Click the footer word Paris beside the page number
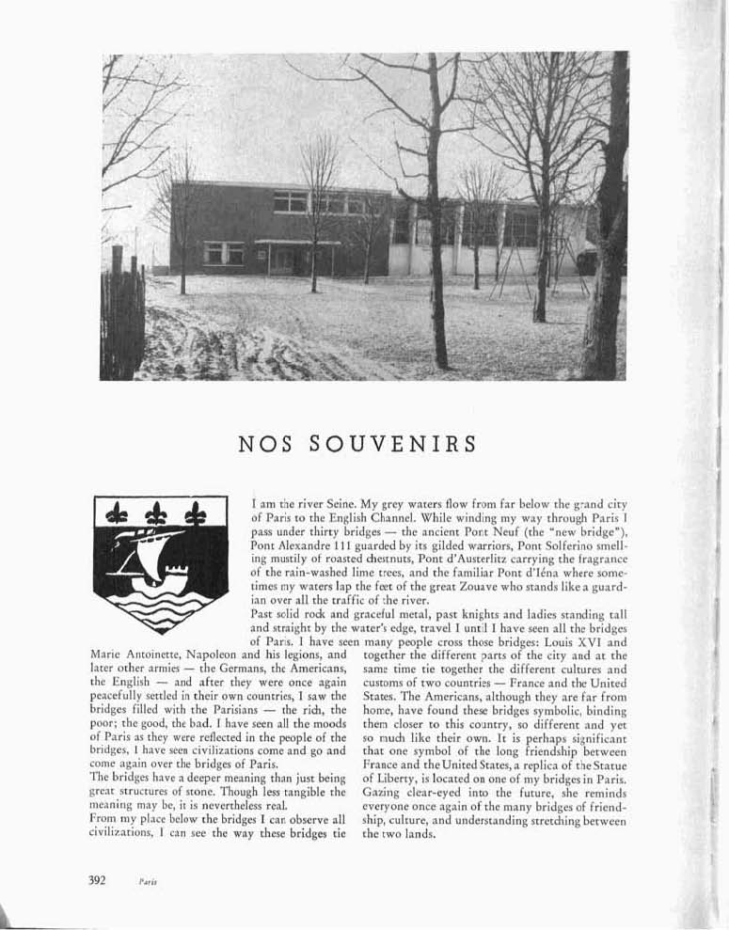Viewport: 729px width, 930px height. point(146,883)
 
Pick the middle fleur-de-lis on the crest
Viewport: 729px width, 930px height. point(157,512)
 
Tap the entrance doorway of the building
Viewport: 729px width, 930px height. point(282,258)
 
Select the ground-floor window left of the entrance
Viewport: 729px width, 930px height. point(224,253)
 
